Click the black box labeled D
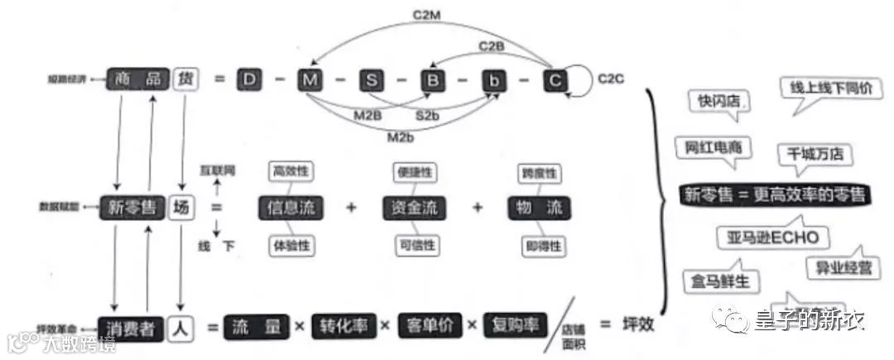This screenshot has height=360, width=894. tap(249, 79)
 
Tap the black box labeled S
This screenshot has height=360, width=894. tap(372, 79)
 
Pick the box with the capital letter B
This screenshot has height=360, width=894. tap(432, 79)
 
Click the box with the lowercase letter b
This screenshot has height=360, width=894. tap(494, 79)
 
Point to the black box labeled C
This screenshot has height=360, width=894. tap(555, 79)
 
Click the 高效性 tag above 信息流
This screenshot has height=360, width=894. tap(290, 172)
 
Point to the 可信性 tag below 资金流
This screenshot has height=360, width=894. tap(416, 245)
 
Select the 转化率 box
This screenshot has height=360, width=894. tap(343, 325)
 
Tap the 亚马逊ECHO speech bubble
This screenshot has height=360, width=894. tap(771, 238)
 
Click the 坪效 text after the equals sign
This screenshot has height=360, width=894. tap(637, 324)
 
